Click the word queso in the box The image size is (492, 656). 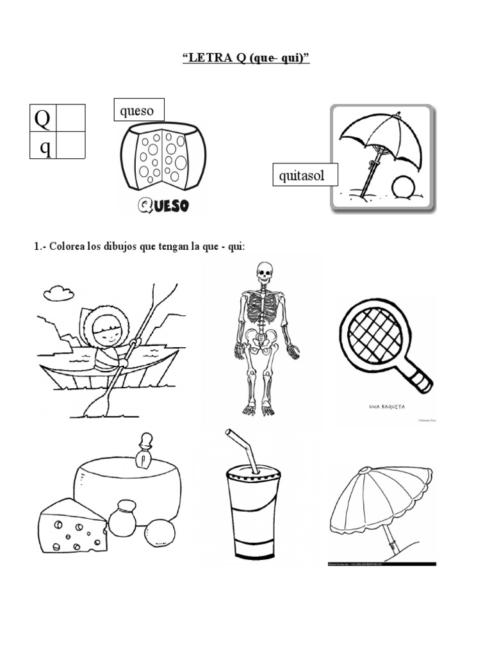coord(137,111)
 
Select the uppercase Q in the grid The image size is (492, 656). coord(42,118)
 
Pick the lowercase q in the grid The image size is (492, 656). coord(45,147)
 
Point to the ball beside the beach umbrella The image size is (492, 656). coord(404,189)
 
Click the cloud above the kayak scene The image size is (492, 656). coord(58,294)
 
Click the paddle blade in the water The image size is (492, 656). coord(98,404)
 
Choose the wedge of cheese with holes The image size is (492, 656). coord(72,527)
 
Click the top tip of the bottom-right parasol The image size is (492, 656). coord(363,470)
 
